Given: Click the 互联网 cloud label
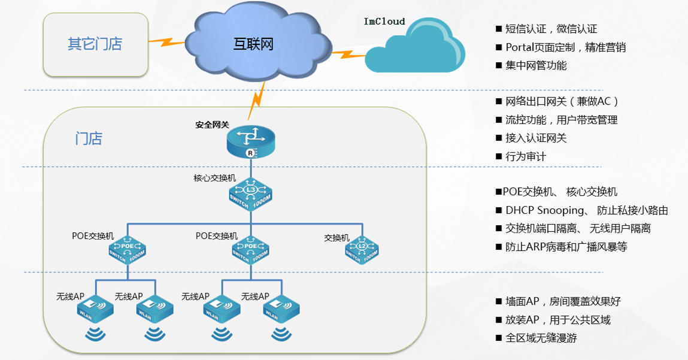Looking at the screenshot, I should point(253,44).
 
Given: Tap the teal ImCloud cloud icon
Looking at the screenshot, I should point(414,53).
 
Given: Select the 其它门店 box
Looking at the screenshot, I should point(95,44).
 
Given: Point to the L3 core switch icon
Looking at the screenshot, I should point(250,195).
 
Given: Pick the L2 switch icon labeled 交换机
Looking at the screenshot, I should point(362,250).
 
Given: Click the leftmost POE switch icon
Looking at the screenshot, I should point(128,250).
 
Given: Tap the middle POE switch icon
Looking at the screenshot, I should point(250,250).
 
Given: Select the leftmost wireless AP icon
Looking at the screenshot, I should point(95,310).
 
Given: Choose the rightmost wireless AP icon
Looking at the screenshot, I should point(281,310).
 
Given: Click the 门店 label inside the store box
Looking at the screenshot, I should point(89,139).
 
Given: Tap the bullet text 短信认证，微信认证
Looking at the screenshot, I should point(551,29).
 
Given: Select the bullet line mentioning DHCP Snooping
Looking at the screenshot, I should point(586,210).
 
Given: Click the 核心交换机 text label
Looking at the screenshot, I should point(214,178).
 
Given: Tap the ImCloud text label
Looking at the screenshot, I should point(384,22).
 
